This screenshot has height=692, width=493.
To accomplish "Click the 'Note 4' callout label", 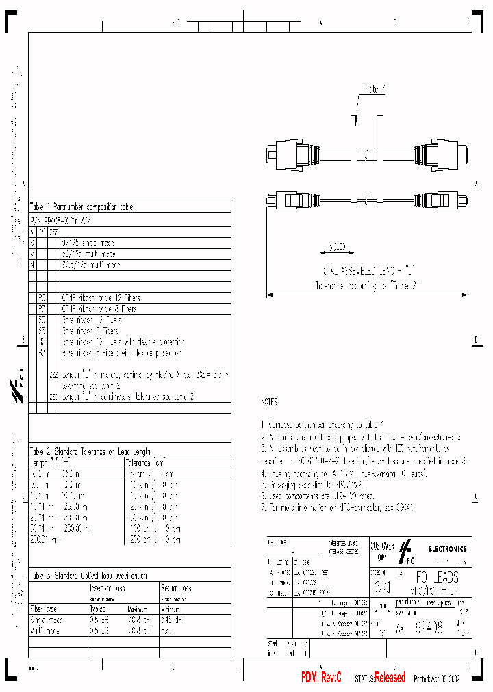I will coord(376,89).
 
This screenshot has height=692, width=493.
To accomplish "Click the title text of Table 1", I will coord(81,207).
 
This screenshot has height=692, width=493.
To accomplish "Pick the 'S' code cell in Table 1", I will coord(32,243).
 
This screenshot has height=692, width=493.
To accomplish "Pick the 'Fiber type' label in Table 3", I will coord(43,609).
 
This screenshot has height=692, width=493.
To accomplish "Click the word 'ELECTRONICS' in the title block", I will coord(448,548).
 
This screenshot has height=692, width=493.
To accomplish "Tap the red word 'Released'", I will coord(390,678).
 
